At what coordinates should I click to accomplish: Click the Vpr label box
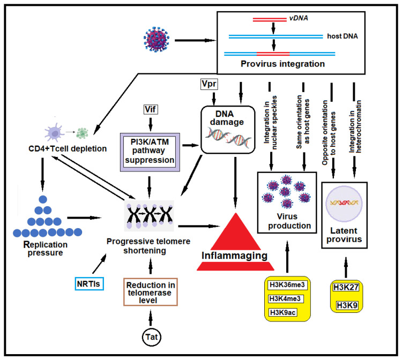click(x=209, y=84)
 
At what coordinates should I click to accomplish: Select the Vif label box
click(x=150, y=109)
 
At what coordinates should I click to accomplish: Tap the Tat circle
click(x=152, y=337)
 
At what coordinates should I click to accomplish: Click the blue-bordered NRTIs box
click(x=89, y=284)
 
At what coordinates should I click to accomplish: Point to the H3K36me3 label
click(x=287, y=285)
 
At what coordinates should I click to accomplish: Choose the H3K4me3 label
click(x=285, y=299)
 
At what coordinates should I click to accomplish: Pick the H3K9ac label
click(x=283, y=313)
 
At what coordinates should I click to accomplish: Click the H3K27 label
click(x=346, y=288)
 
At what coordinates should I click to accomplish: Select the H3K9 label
click(x=347, y=305)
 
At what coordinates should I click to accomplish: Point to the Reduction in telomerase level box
click(x=151, y=292)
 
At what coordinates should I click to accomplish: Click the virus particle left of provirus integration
click(x=157, y=39)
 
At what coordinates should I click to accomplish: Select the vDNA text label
click(x=299, y=18)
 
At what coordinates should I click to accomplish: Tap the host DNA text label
click(x=343, y=36)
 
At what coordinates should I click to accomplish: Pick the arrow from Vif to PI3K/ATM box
click(x=151, y=124)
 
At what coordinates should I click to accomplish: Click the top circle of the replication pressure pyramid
click(x=43, y=200)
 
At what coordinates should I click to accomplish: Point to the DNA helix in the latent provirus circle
click(x=344, y=203)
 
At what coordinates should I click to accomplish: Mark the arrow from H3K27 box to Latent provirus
click(x=346, y=267)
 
